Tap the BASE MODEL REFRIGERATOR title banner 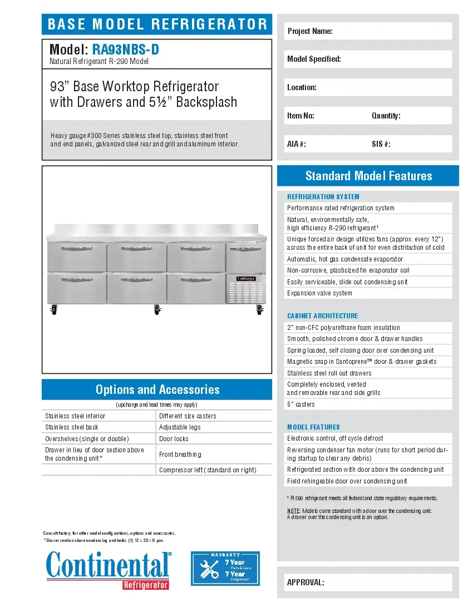coord(157,24)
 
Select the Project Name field coord(368,31)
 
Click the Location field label coord(302,87)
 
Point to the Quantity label coord(386,116)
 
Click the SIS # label coord(381,144)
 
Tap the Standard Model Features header coord(368,176)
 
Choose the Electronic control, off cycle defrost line coord(334,438)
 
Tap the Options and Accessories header coord(157,389)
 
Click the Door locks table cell coord(174,439)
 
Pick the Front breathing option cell coord(180,455)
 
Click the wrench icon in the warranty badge coord(209,569)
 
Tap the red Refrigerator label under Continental coord(145,585)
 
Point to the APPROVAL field coord(368,583)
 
